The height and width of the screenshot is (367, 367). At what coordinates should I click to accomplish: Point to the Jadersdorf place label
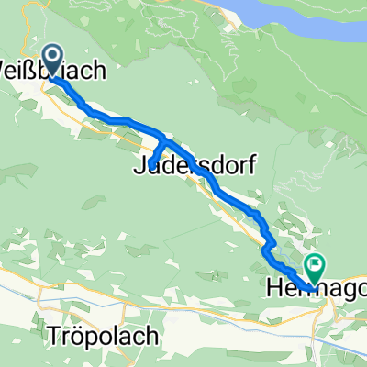(x=194, y=166)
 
